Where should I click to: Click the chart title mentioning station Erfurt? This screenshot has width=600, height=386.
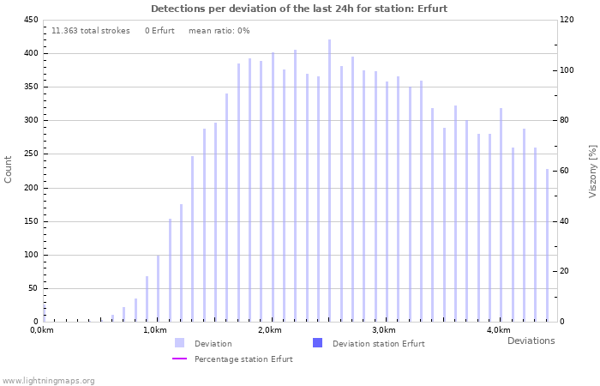tap(299, 9)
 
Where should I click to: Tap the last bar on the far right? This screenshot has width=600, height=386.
tap(547, 245)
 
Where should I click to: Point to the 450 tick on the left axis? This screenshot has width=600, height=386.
tap(30, 20)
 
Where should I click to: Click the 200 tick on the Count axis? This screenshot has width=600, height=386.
tap(30, 188)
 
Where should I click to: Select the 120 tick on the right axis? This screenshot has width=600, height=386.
tap(567, 20)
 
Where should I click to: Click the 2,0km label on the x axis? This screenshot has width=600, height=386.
tap(269, 330)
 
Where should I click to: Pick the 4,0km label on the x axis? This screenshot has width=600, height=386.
tap(498, 330)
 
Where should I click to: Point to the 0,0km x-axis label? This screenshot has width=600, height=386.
tap(42, 330)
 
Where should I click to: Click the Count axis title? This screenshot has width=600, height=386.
tap(9, 169)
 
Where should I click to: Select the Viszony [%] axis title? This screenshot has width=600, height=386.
tap(591, 171)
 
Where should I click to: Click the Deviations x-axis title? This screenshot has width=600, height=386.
tap(531, 341)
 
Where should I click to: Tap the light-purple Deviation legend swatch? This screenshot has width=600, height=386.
tap(179, 343)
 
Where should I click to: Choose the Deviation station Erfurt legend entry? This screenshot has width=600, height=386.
tap(378, 343)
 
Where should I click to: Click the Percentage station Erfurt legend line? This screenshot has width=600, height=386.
tap(179, 359)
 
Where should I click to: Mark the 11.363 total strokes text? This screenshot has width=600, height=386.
tap(90, 31)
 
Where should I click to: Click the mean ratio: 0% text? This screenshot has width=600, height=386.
tap(219, 31)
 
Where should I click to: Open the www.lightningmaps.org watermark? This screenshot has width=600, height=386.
tap(48, 380)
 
